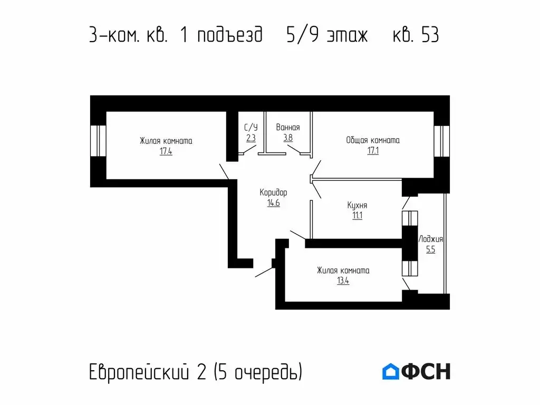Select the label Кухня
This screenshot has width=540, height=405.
(357, 205)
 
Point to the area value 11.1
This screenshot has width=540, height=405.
(357, 215)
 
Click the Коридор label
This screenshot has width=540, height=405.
(273, 192)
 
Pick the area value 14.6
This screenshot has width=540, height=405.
(273, 203)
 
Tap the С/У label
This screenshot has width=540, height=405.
(251, 128)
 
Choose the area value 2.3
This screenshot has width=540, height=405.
(251, 138)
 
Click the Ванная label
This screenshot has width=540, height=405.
(288, 128)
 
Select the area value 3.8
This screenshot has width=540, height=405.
(288, 138)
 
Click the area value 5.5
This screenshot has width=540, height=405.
(430, 250)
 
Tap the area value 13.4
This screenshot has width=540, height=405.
(343, 281)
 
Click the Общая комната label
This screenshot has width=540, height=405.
(373, 140)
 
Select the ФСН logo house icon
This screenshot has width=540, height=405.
(390, 372)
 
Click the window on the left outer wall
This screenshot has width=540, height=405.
(98, 141)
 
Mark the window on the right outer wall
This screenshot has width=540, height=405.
(440, 141)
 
